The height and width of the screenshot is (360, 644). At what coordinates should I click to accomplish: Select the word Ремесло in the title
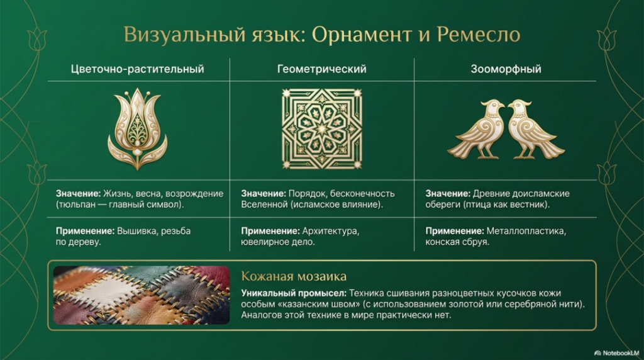tap(479, 34)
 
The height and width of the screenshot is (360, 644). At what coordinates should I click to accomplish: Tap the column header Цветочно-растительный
tap(137, 69)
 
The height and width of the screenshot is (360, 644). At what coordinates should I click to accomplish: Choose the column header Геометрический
tap(321, 69)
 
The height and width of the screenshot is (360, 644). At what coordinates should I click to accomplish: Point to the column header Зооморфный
tap(506, 69)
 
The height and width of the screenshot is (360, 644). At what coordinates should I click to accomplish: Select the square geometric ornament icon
tap(321, 129)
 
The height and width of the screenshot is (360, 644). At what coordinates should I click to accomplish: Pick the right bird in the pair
tap(536, 129)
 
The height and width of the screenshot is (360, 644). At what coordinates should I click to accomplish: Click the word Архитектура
tap(331, 232)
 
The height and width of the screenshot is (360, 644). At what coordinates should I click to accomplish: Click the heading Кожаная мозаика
tap(294, 276)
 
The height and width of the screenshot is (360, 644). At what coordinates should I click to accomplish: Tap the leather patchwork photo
tap(142, 295)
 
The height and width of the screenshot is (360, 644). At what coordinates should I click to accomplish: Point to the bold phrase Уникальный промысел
tap(294, 293)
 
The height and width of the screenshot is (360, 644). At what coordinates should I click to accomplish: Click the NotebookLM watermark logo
tap(617, 353)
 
